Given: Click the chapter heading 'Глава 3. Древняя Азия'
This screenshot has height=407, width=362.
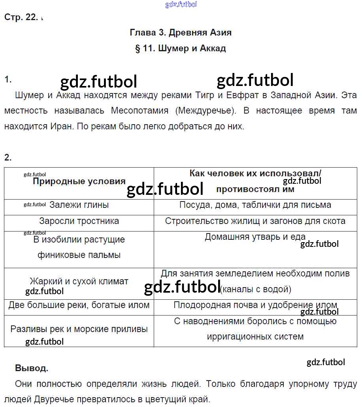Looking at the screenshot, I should [x=181, y=33].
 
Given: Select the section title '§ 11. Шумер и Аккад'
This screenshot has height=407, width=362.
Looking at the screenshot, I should [x=181, y=49].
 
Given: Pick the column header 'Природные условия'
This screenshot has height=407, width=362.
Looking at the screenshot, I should [x=79, y=182].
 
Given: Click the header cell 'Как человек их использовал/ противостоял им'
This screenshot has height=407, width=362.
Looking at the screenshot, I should [x=255, y=181].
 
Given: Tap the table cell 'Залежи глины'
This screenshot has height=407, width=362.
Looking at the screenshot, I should [x=79, y=205].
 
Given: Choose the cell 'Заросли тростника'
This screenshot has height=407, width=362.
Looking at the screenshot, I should [x=79, y=221].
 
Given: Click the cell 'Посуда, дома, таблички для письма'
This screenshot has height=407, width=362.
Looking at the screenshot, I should [x=255, y=205].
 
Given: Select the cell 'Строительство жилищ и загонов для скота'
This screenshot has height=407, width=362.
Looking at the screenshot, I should [x=255, y=221].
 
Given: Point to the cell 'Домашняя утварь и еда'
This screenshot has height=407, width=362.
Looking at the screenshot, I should [x=255, y=237].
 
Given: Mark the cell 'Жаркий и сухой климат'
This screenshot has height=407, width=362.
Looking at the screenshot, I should [x=79, y=282].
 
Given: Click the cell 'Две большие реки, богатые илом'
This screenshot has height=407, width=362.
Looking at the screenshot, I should [x=79, y=305].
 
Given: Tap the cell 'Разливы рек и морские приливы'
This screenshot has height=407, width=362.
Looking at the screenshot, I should [x=79, y=329].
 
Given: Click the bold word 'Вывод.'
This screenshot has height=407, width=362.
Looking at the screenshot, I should [x=32, y=368].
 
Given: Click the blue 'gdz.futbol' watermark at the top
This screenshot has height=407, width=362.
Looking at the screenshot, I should [x=181, y=5].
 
